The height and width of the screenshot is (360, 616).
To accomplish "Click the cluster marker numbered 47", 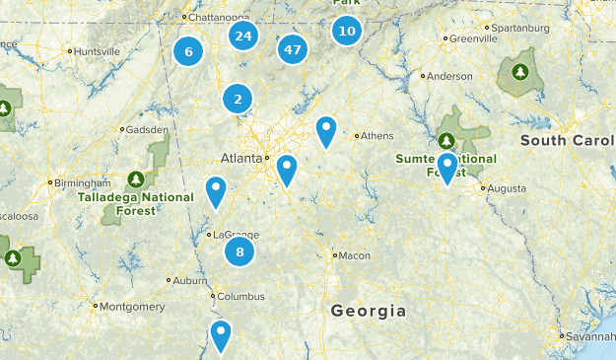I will coord(292,48).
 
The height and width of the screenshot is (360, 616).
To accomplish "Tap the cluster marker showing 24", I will coord(242,36).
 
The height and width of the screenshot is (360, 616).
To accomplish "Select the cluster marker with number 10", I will coord(346,31).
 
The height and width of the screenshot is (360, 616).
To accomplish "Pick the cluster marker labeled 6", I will coord(188,51).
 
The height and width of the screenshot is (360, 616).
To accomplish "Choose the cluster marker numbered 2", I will coord(238,99).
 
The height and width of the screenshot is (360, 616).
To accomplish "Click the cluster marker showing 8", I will coord(240,252).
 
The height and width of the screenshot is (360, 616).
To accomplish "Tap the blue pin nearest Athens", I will coord(326,130).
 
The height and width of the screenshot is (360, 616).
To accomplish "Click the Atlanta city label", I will coord(241,158).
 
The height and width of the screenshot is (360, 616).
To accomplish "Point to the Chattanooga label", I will coord(220,17).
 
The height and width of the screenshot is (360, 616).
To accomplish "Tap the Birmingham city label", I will coord(83,182).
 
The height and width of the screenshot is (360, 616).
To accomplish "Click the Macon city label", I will coord(355,255).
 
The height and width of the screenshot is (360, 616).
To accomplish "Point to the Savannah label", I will coord(590,336).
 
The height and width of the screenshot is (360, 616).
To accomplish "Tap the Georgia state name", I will coord(368,311).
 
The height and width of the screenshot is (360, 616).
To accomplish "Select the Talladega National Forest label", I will coord(136,202).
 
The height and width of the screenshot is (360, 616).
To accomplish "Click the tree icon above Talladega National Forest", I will coord(137,180).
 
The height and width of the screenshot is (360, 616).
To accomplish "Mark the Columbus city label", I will coord(241,296).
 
